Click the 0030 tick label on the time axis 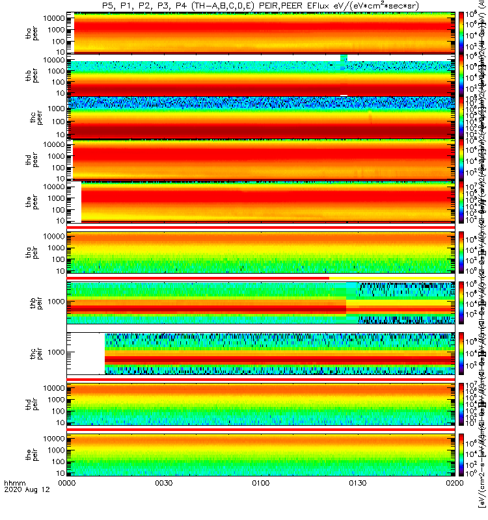tap(163, 501)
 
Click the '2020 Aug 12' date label tap(21, 509)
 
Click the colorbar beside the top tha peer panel tap(461, 32)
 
